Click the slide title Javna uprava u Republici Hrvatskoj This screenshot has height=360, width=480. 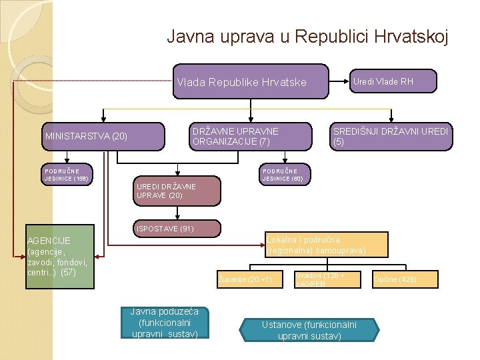307,35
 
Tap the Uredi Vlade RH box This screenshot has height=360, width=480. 383,81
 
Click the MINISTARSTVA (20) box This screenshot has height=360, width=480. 103,137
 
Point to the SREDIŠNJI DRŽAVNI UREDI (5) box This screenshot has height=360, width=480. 390,136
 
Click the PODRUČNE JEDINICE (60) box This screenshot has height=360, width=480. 283,174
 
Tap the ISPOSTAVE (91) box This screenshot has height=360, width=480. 176,229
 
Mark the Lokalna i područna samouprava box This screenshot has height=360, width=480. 326,245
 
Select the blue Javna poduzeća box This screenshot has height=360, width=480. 165,322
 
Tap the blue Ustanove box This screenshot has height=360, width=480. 309,330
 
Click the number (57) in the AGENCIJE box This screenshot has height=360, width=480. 68,273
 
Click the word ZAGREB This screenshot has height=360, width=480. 309,284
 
